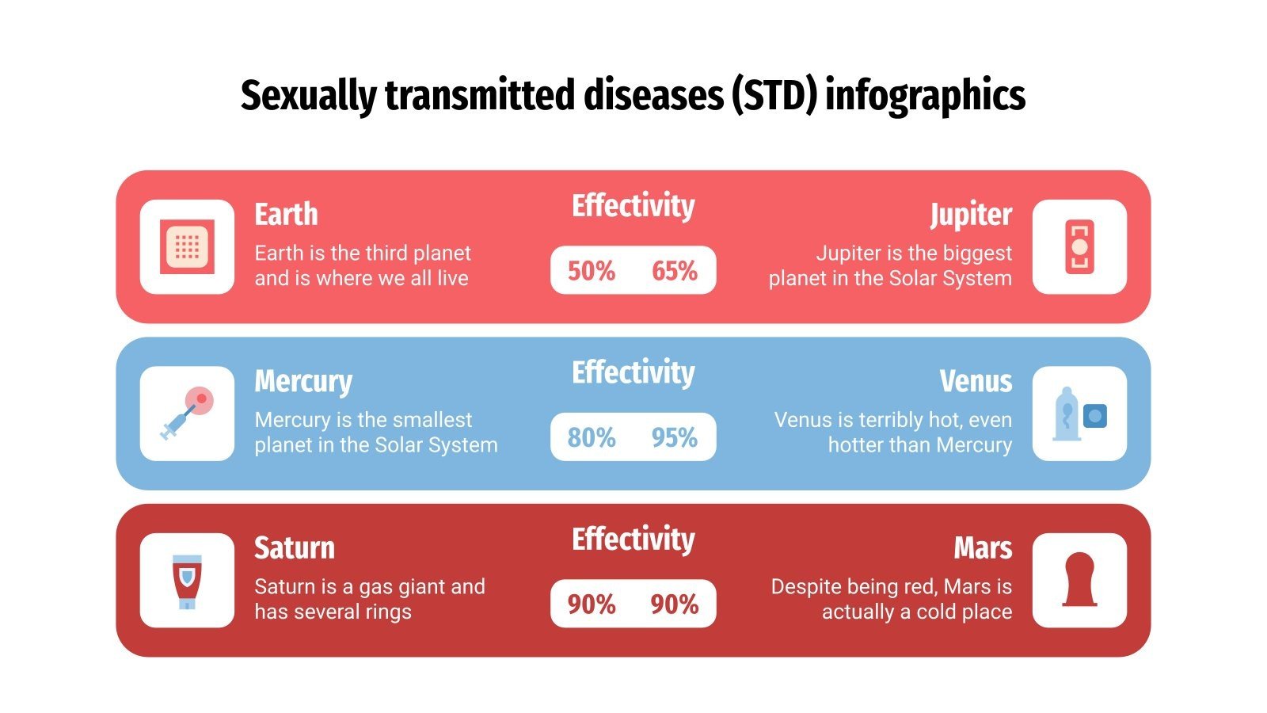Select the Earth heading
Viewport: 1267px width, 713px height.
coord(286,215)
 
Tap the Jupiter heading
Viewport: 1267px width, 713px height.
coord(971,215)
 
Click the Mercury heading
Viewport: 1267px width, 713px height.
coord(303,382)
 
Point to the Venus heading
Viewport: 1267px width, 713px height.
coord(976,382)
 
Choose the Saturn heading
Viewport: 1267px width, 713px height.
coord(295,548)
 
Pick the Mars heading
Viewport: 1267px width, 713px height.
coord(983,548)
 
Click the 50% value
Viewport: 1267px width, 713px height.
coord(592,271)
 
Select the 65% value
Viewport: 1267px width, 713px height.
coord(675,271)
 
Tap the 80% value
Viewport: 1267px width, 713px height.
coord(592,437)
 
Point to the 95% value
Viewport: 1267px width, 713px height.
coord(675,437)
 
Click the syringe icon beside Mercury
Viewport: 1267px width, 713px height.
coord(188,414)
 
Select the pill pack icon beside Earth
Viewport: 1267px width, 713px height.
coord(188,247)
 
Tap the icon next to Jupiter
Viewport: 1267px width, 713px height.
coord(1079,247)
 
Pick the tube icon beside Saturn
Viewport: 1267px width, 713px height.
coord(188,581)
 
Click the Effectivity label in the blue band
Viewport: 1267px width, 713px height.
coord(633,372)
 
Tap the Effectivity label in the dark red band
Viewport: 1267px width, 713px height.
coord(633,540)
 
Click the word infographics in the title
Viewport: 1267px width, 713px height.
coord(925,96)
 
